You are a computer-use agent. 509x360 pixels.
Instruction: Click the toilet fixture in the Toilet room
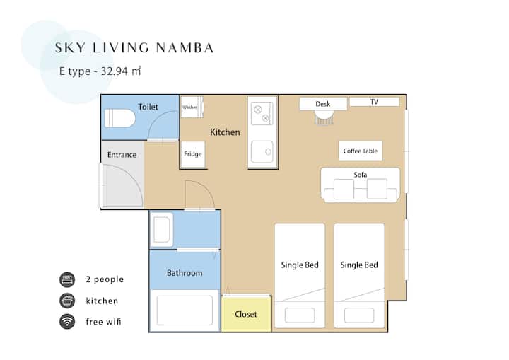point(119,118)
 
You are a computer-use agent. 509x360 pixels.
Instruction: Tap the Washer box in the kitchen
point(192,107)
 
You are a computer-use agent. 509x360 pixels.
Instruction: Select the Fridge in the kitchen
point(193,154)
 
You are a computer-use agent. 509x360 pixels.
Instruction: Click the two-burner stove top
point(262,113)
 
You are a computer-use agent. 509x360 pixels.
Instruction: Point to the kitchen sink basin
point(262,152)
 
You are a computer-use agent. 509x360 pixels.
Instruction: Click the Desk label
point(322,104)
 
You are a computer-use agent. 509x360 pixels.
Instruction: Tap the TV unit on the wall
point(374,102)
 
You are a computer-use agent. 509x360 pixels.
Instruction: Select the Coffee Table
point(361,151)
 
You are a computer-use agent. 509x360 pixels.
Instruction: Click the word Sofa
point(361,175)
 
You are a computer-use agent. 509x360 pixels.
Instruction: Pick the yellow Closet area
point(246,314)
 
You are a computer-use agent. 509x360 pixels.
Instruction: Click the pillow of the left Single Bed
point(300,315)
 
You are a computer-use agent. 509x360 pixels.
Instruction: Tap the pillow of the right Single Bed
point(359,315)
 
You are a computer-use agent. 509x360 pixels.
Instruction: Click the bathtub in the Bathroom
point(185,310)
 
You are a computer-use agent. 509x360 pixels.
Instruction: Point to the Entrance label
point(122,155)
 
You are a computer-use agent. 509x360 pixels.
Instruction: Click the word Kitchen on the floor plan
point(225,132)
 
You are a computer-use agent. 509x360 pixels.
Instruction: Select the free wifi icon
point(67,321)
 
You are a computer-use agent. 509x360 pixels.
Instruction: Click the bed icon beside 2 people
point(67,279)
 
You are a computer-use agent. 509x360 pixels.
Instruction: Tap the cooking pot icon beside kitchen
point(67,301)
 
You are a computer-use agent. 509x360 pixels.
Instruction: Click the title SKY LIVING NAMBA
point(134,48)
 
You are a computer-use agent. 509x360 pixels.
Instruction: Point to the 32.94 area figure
point(115,71)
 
